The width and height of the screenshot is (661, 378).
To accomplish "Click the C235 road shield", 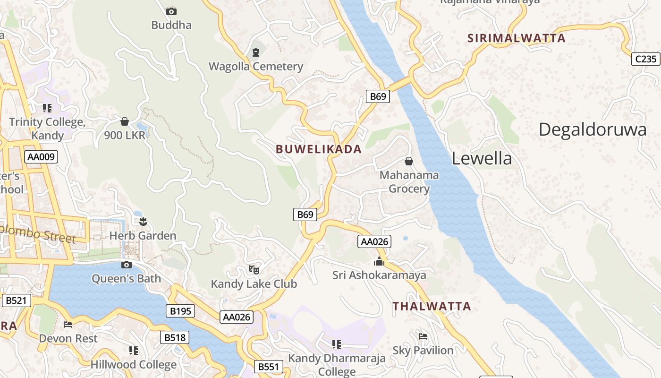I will [x=645, y=59].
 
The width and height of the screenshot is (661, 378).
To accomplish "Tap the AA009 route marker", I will [x=41, y=157].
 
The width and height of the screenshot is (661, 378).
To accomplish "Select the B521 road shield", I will [x=16, y=300].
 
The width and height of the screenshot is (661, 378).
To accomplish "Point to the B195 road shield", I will [x=180, y=311].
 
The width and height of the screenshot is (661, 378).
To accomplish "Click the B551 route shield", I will [x=269, y=367].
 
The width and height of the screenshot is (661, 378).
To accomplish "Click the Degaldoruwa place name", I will [x=592, y=129].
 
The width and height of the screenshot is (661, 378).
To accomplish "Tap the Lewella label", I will [x=482, y=158].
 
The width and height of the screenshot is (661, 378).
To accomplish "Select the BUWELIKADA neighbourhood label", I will [x=319, y=149].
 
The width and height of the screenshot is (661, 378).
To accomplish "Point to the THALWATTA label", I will [x=432, y=306].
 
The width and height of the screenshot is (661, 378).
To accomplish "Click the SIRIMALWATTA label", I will [x=516, y=38].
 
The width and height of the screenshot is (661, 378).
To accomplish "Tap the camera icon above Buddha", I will [x=171, y=11].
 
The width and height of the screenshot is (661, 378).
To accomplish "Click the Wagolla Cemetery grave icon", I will [x=256, y=52].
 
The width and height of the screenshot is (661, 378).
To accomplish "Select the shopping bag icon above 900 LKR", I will [x=125, y=121].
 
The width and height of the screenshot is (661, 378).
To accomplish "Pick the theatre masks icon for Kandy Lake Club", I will [x=254, y=270].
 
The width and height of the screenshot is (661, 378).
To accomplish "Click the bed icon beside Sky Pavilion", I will [x=423, y=336].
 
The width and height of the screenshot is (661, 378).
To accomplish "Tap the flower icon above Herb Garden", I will [x=143, y=221].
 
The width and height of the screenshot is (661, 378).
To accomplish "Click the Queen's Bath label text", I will [x=126, y=279].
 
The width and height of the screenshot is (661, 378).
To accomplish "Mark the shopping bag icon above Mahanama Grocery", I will [x=409, y=161].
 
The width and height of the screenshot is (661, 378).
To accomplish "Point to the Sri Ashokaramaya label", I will [x=379, y=275].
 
